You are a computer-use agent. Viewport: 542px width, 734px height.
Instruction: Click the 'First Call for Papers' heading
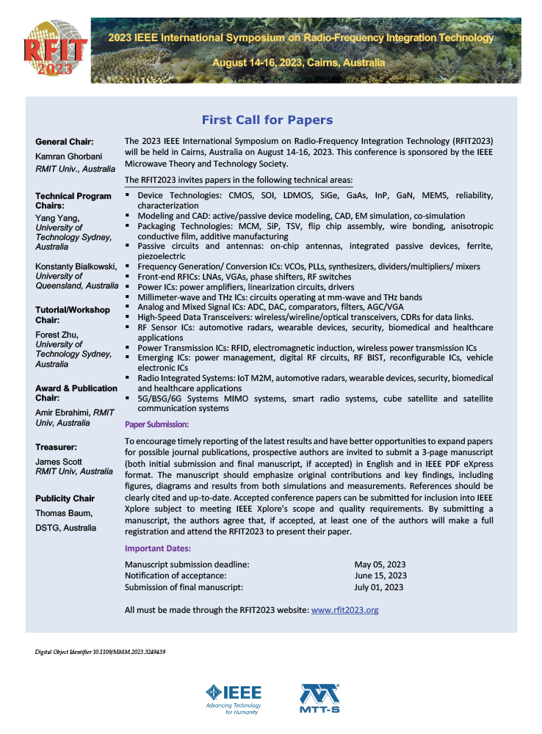pyautogui.click(x=267, y=120)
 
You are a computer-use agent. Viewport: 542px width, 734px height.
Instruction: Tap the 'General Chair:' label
pyautogui.click(x=64, y=141)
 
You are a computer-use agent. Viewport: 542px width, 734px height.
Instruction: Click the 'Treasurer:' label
pyautogui.click(x=58, y=446)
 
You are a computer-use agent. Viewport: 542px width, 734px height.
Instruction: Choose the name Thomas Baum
pyautogui.click(x=64, y=514)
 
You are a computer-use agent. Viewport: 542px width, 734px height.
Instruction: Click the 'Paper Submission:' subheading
pyautogui.click(x=156, y=424)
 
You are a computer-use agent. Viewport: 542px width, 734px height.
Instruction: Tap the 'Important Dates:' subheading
pyautogui.click(x=158, y=548)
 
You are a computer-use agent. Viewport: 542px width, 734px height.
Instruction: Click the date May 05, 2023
pyautogui.click(x=380, y=564)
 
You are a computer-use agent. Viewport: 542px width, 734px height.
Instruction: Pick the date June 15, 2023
pyautogui.click(x=380, y=575)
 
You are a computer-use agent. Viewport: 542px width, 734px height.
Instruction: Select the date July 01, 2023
pyautogui.click(x=379, y=587)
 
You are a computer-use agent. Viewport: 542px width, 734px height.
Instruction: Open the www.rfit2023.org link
pyautogui.click(x=345, y=609)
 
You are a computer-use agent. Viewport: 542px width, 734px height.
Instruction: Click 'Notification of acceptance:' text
pyautogui.click(x=173, y=575)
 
